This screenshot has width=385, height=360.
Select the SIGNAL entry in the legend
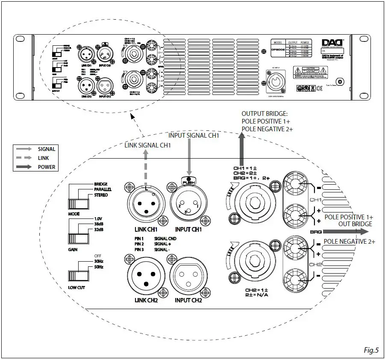click(46, 149)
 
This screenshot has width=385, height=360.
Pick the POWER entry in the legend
click(46, 167)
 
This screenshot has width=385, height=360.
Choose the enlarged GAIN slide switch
click(77, 239)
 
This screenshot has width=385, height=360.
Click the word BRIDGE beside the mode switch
click(101, 184)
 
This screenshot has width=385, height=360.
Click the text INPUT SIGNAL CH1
click(194, 136)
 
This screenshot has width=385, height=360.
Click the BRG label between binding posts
click(314, 231)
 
